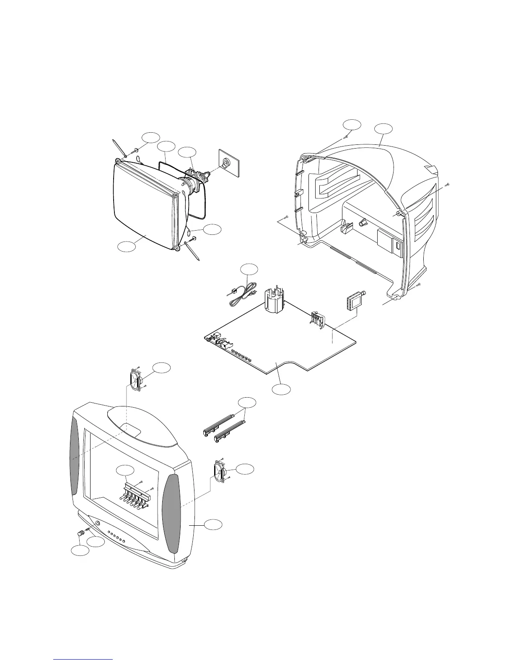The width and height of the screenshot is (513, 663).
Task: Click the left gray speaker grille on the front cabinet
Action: (74, 456)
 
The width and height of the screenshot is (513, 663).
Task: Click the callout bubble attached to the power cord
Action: (249, 268)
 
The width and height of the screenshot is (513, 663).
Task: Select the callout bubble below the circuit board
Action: (280, 389)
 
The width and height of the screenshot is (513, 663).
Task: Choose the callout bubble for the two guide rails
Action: (247, 403)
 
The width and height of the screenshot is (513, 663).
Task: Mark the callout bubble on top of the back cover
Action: (384, 128)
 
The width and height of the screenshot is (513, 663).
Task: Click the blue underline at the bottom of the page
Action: (83, 659)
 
